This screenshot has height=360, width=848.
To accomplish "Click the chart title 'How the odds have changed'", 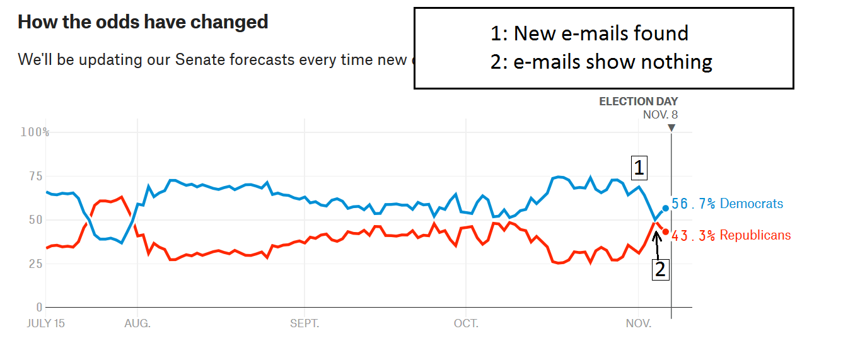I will [x=143, y=22].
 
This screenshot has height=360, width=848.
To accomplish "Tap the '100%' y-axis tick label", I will [x=35, y=132].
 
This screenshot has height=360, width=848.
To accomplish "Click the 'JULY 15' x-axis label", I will [x=45, y=324].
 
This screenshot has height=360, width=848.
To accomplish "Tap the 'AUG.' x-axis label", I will [x=137, y=324].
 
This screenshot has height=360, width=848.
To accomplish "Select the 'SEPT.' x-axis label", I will [x=305, y=324].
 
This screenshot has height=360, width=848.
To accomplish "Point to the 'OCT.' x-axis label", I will [x=466, y=324].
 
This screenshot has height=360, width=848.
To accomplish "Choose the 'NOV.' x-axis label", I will [x=638, y=324].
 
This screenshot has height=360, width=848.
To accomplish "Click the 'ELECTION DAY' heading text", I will [x=638, y=102].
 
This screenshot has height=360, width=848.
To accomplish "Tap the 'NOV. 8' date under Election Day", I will [x=660, y=115].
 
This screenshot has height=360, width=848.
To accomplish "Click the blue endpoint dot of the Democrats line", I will [x=665, y=208].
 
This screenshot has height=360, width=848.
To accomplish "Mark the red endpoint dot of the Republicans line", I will [x=665, y=231].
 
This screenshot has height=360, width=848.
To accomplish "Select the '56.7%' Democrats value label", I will [x=693, y=204].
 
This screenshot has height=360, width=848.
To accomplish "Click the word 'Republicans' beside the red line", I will [x=755, y=235].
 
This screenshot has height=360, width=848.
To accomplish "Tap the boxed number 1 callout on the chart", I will [x=639, y=168].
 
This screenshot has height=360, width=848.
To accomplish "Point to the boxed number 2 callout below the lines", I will [x=660, y=269].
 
